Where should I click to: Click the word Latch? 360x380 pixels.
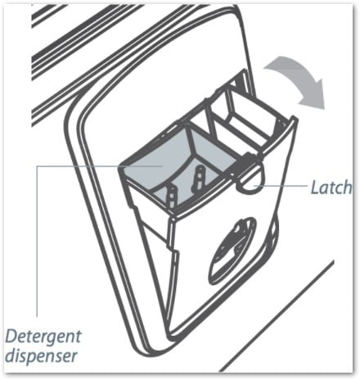click(331, 188)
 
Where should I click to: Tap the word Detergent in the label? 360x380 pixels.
click(43, 337)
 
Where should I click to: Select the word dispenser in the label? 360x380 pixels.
click(42, 356)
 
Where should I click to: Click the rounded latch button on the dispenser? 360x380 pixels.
click(250, 180)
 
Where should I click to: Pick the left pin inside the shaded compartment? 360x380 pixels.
click(171, 196)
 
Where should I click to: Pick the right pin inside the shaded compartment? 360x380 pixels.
click(199, 178)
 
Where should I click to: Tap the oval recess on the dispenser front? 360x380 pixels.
click(232, 251)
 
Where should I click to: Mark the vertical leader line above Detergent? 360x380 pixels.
click(37, 241)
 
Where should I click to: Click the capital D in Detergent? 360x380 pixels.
click(12, 337)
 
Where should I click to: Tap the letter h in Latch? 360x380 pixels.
click(347, 188)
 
